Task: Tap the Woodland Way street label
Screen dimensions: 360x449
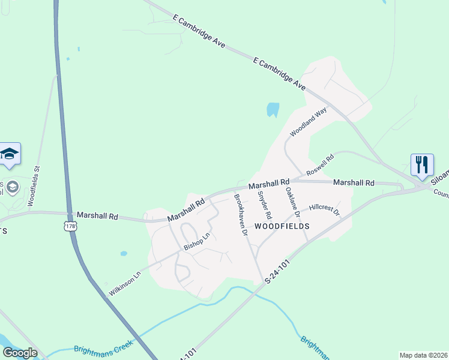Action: pyautogui.click(x=308, y=123)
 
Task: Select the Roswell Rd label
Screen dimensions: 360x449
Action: pyautogui.click(x=319, y=167)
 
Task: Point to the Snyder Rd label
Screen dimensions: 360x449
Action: pyautogui.click(x=265, y=205)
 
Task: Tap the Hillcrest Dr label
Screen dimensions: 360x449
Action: pyautogui.click(x=324, y=209)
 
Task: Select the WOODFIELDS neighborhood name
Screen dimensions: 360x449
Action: pyautogui.click(x=282, y=226)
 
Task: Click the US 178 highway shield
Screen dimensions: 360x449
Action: pyautogui.click(x=71, y=226)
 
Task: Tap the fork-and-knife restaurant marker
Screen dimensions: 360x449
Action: pyautogui.click(x=422, y=164)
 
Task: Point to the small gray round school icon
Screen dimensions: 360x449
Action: pyautogui.click(x=11, y=188)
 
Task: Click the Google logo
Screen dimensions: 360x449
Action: pyautogui.click(x=20, y=352)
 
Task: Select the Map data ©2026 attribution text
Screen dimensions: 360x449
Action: pyautogui.click(x=423, y=355)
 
